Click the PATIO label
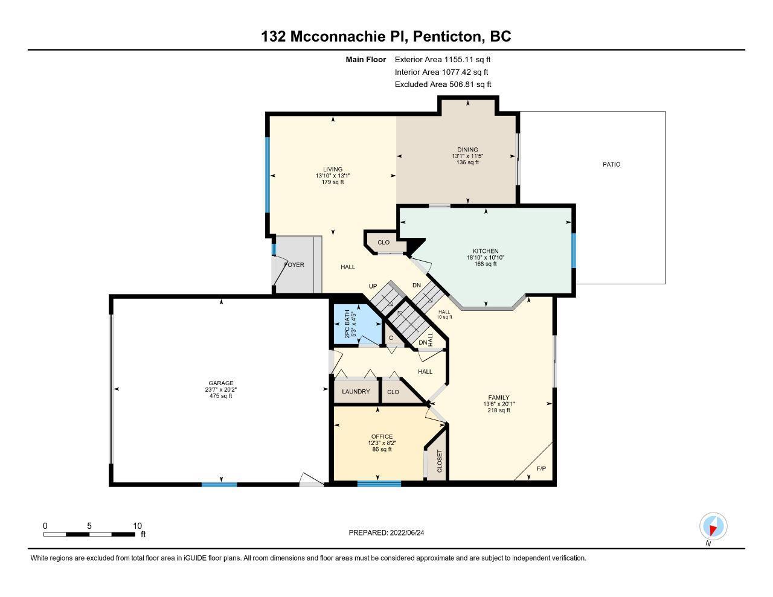(611, 164)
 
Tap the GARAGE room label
(221, 383)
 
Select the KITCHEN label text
(485, 251)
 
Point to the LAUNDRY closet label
(356, 392)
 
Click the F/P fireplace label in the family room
(541, 468)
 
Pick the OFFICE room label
(382, 436)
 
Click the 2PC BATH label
(347, 324)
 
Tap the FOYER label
(294, 264)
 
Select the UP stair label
(373, 286)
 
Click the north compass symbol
(713, 527)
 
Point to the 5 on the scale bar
(89, 526)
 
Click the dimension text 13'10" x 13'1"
(333, 176)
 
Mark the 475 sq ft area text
(220, 396)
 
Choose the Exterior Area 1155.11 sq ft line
(443, 60)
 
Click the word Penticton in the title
(447, 36)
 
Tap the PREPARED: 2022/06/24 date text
(386, 532)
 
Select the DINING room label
(467, 150)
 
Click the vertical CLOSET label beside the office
(439, 461)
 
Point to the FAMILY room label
(499, 398)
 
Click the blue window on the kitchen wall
(574, 251)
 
